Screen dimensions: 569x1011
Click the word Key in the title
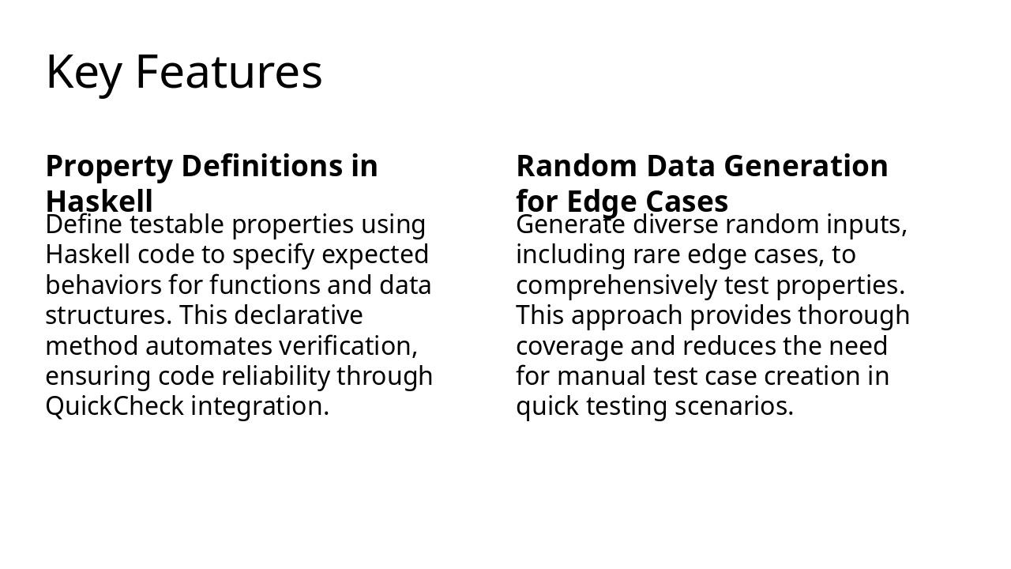pyautogui.click(x=84, y=73)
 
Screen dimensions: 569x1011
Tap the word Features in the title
pyautogui.click(x=229, y=73)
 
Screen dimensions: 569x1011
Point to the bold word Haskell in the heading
pyautogui.click(x=99, y=201)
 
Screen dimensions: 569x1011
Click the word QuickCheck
pyautogui.click(x=115, y=406)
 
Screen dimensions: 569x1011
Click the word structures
pyautogui.click(x=108, y=315)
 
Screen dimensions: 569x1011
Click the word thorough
pyautogui.click(x=854, y=315)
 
